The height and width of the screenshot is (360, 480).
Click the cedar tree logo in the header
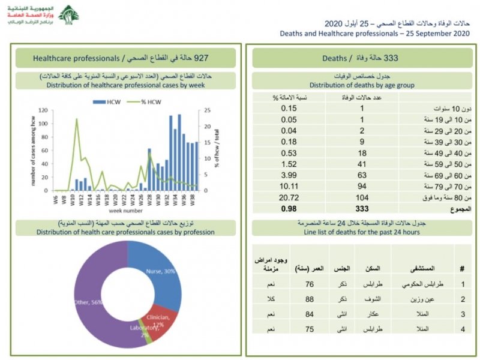point(68,15)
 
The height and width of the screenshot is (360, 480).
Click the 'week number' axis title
point(125,211)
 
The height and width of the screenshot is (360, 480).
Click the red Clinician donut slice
point(155,324)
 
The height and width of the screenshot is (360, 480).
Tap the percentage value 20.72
point(289,197)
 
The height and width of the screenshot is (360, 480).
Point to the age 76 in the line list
point(310,284)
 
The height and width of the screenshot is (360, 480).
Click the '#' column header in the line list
point(461,268)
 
